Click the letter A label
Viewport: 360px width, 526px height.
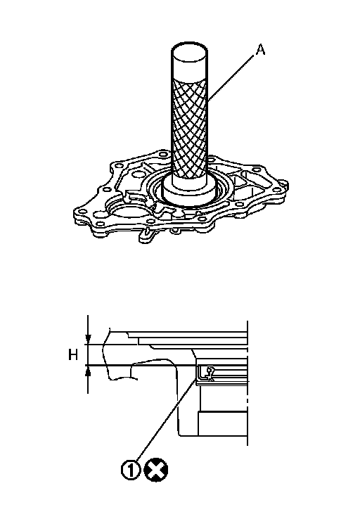(260, 50)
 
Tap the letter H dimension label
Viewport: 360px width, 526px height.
(73, 354)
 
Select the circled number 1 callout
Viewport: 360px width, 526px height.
(131, 469)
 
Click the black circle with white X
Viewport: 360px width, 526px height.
(155, 470)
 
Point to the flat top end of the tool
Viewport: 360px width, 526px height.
(189, 52)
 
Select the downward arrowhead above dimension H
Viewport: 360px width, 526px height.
(88, 339)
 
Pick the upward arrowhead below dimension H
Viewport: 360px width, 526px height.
(88, 370)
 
